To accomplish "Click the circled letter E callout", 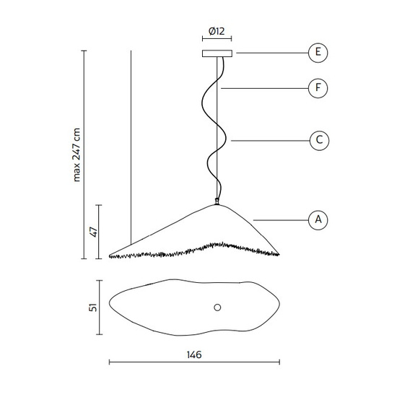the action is [318, 53].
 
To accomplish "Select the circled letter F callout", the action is [318, 88].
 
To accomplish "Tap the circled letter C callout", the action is [319, 141].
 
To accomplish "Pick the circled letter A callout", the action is [318, 220].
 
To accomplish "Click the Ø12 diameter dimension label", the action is [217, 31].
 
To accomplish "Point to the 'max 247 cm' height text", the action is [77, 155].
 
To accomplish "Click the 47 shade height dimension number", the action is [94, 232].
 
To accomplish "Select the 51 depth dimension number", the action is [93, 307].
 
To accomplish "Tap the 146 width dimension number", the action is [194, 355].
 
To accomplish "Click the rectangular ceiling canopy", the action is [217, 53].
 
